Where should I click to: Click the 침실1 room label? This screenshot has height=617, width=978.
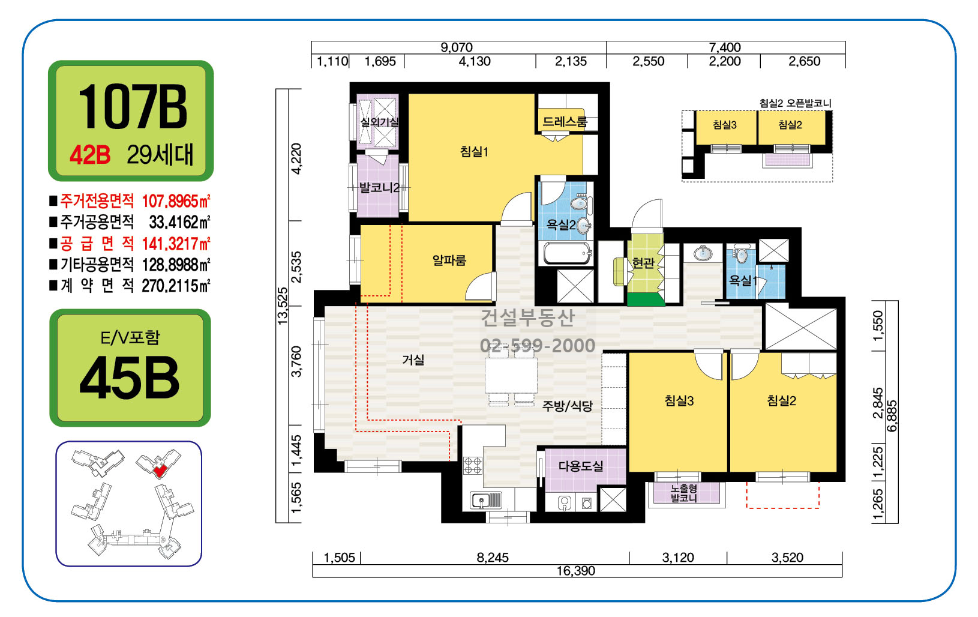(x=474, y=151)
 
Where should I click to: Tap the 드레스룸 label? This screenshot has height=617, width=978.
(x=564, y=121)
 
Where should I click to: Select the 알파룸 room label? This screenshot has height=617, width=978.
(x=449, y=260)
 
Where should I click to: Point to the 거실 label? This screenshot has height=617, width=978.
(x=413, y=360)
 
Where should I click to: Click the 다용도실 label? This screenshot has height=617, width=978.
(x=581, y=466)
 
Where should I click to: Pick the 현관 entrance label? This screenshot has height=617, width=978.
(x=643, y=263)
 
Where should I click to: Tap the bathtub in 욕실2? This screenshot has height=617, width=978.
(x=567, y=253)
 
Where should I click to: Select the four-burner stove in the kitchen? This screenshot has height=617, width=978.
(x=473, y=466)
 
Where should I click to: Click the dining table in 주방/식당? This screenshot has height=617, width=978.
(x=511, y=375)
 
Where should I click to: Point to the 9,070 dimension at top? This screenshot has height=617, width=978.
(x=456, y=47)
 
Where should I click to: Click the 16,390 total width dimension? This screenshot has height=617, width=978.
(x=576, y=571)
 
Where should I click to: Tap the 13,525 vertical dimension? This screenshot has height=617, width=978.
(x=283, y=305)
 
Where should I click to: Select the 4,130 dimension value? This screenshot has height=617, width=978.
(x=475, y=61)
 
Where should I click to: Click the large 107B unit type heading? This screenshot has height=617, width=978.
(x=132, y=107)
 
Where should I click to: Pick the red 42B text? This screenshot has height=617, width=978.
(x=90, y=155)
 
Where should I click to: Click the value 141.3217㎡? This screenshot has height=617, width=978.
(x=176, y=244)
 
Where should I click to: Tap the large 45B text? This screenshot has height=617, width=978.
(x=129, y=378)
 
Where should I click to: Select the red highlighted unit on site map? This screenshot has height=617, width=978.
(x=160, y=471)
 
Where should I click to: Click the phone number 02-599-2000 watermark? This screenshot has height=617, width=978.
(x=538, y=345)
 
